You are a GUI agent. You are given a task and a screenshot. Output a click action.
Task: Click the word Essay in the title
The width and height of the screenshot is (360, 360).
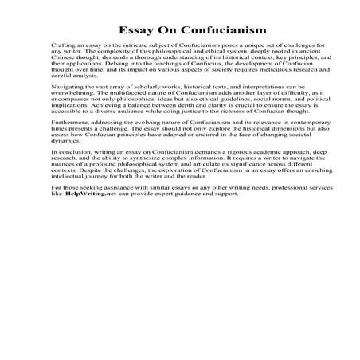click(x=127, y=30)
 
